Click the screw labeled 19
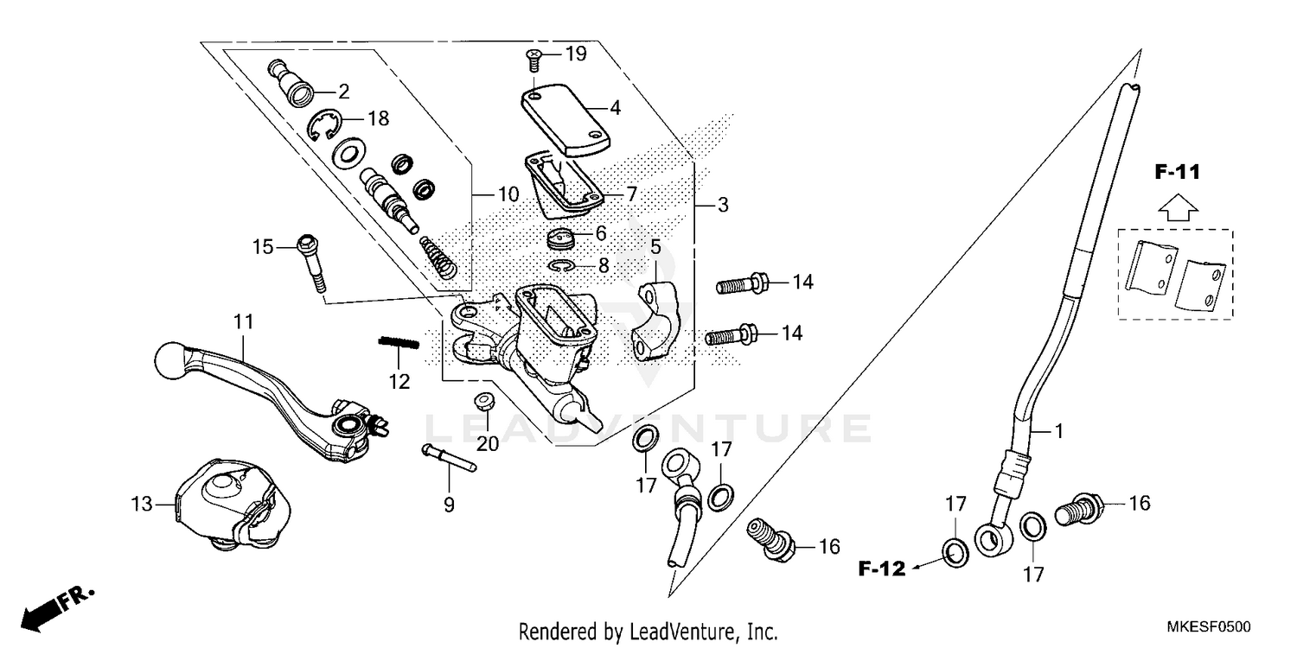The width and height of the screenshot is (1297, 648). (x=533, y=59)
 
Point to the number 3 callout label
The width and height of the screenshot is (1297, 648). (x=723, y=206)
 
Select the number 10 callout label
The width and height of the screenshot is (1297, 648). (x=508, y=194)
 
